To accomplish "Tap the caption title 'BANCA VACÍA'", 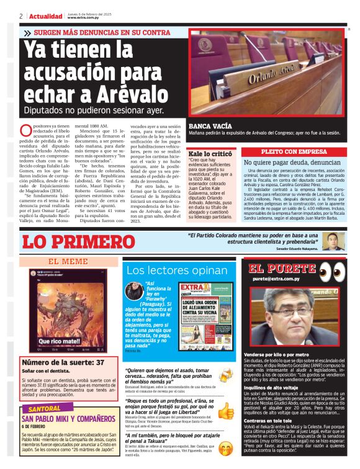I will click(210, 125).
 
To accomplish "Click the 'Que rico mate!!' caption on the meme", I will click(59, 340).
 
